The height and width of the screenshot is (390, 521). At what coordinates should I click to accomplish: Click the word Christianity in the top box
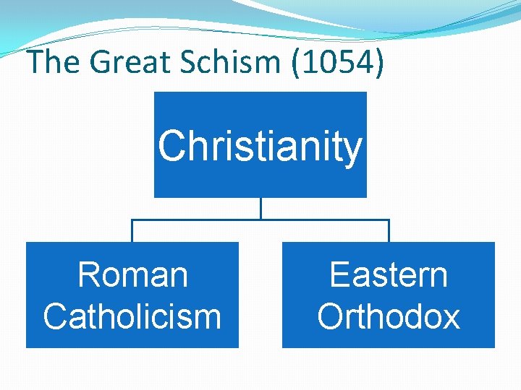260,147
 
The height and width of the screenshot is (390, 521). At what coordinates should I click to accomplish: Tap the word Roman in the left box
132,275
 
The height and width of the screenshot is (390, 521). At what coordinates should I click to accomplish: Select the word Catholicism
132,316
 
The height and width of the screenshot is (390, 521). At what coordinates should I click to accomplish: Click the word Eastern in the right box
389,275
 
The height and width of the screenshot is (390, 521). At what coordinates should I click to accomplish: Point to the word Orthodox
389,316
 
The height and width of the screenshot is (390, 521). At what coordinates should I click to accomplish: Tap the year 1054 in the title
337,62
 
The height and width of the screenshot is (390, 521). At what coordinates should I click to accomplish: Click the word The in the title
55,62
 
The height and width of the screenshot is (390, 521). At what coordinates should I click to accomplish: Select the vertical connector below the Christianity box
260,208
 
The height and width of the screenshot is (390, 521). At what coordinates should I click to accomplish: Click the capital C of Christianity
172,147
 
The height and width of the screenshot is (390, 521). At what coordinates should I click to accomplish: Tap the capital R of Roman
88,275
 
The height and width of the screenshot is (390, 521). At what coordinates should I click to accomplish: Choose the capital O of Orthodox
330,316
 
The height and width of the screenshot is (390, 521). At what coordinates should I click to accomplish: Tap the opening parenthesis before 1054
298,64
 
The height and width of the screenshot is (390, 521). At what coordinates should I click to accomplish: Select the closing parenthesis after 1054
378,64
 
